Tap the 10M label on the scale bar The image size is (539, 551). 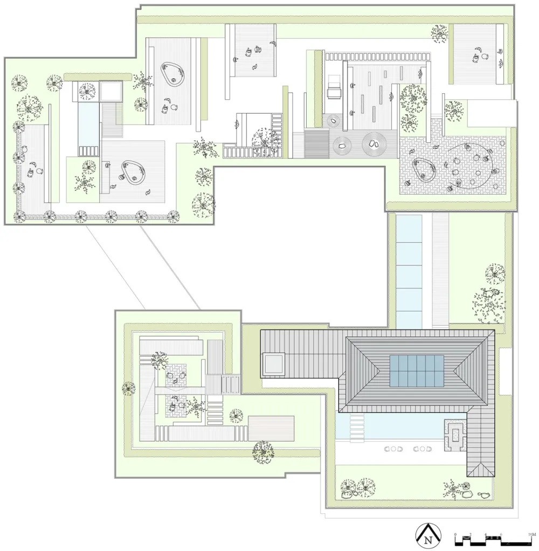tap(531, 534)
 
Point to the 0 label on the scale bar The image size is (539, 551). tap(455, 534)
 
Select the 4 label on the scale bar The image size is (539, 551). tap(486, 534)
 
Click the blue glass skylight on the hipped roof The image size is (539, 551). tap(418, 371)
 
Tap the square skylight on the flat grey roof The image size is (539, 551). tap(274, 364)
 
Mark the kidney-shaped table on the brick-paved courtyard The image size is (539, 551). tap(423, 170)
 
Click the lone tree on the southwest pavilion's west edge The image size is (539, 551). tap(128, 389)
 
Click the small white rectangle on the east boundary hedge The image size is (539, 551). tap(505, 371)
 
